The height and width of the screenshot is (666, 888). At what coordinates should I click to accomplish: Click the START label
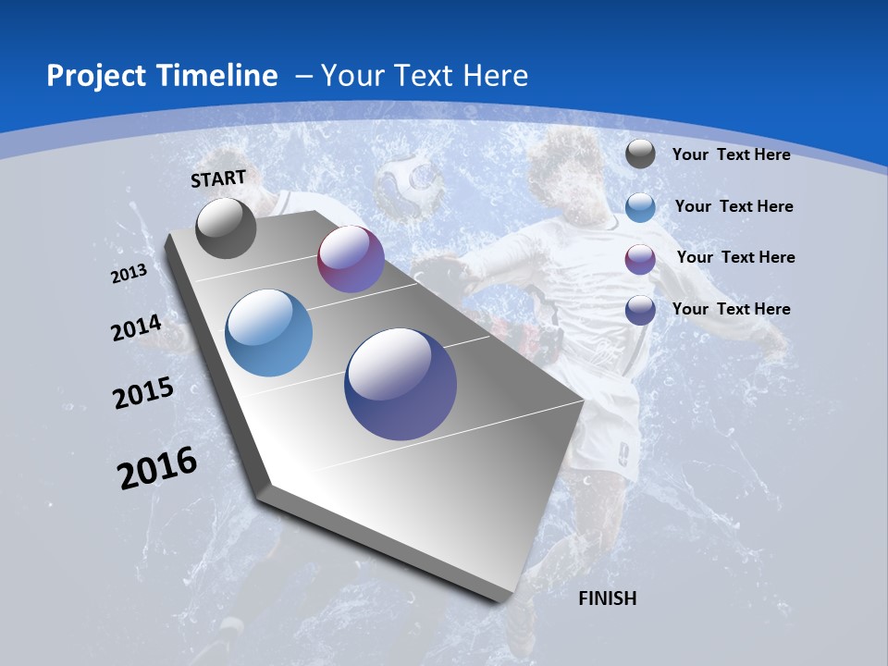218,178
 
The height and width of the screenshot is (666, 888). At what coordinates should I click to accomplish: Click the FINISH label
607,598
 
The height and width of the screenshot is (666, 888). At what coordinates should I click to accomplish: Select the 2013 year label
129,274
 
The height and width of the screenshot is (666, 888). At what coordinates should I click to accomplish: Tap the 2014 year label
136,327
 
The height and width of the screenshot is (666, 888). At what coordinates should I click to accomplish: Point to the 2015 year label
143,392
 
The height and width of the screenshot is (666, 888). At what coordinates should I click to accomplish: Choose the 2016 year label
157,467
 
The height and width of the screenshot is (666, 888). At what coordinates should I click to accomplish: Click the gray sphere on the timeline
226,228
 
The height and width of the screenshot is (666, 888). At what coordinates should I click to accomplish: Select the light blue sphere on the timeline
268,333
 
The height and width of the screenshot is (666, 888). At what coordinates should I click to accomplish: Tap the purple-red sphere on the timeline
351,259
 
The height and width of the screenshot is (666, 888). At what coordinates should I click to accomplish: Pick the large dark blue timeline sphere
401,384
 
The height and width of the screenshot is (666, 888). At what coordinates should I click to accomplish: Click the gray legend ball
640,154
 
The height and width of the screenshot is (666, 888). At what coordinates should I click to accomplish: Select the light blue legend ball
640,206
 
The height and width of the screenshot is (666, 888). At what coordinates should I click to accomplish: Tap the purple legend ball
640,258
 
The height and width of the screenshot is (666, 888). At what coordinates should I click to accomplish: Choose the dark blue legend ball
640,309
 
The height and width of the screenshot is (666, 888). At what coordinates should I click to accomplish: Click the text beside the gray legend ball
731,154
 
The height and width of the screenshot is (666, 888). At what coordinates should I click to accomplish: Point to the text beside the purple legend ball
735,257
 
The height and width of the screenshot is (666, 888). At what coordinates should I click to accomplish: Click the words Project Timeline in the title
162,76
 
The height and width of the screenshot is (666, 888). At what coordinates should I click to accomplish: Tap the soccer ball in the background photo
408,184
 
